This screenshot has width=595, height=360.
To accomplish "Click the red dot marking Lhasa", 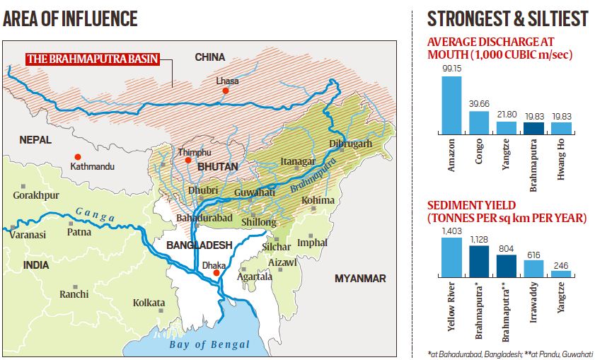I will pos(225,91).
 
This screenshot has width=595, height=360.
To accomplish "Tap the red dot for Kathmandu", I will pos(78,156).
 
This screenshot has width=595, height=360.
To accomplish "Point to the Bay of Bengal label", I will pos(209,344).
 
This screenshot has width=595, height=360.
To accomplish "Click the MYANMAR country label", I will pos(360,278).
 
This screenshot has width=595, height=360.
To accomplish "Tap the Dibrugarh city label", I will pos(350,144).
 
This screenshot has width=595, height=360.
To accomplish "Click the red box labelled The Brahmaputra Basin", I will pos(93,59).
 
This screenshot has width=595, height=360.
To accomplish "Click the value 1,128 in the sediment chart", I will pos(479,239).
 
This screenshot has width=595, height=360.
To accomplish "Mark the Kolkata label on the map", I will pos(149,303).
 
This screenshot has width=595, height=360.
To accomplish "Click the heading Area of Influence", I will pos(70,18).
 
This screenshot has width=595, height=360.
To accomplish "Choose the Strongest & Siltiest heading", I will pos(507,18).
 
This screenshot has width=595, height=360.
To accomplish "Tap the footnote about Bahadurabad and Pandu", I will pos(509,352).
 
